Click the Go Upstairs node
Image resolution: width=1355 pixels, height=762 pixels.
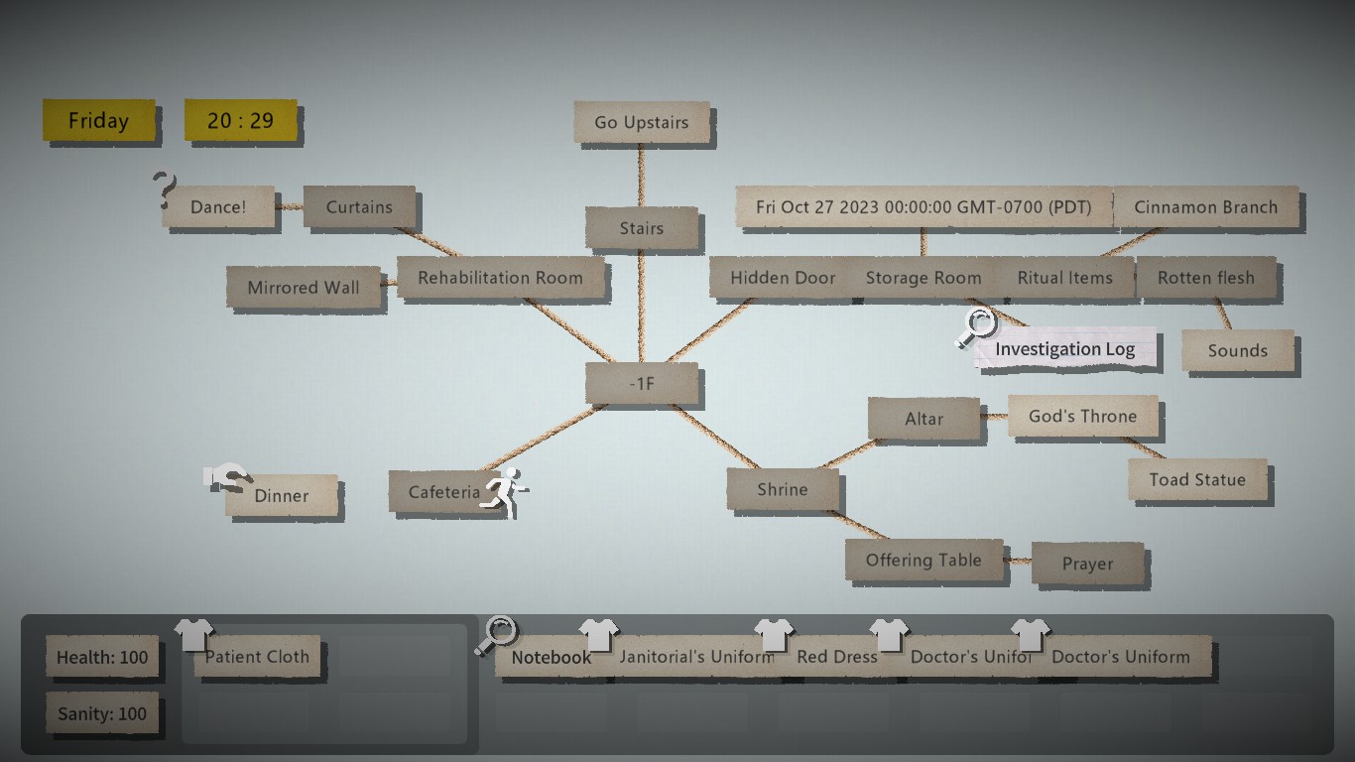(x=642, y=123)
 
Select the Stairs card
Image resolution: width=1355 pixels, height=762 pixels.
(x=642, y=229)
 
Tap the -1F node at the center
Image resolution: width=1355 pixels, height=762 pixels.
(x=643, y=383)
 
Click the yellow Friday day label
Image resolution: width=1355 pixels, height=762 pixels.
(x=98, y=121)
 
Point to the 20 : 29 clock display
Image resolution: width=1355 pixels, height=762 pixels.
(x=240, y=121)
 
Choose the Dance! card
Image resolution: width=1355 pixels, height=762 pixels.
(x=218, y=207)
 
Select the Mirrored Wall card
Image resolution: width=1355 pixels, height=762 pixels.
(x=304, y=288)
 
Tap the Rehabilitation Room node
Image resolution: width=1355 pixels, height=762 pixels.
(x=500, y=278)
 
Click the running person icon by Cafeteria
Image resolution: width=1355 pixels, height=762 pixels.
(x=504, y=489)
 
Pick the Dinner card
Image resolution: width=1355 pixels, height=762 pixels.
(x=282, y=496)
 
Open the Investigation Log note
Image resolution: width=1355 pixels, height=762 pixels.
(x=1064, y=349)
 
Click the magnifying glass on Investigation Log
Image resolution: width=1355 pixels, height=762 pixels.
(x=977, y=326)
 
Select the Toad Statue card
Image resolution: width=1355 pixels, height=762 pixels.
(x=1197, y=480)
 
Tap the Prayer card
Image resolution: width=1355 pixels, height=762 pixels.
(x=1087, y=564)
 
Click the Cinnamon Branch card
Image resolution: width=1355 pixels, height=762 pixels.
(x=1205, y=207)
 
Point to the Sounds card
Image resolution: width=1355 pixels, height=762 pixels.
(x=1237, y=350)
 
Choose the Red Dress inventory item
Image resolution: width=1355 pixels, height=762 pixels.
(x=837, y=657)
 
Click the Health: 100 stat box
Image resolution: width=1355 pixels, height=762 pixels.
(x=102, y=657)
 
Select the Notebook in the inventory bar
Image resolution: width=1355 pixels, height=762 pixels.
(x=551, y=657)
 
